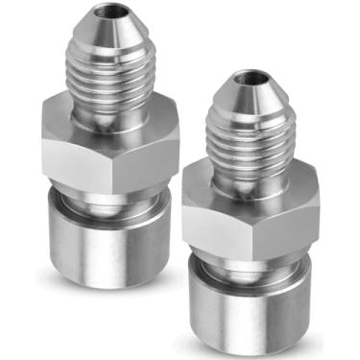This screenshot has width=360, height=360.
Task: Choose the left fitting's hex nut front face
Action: pos(91,154)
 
